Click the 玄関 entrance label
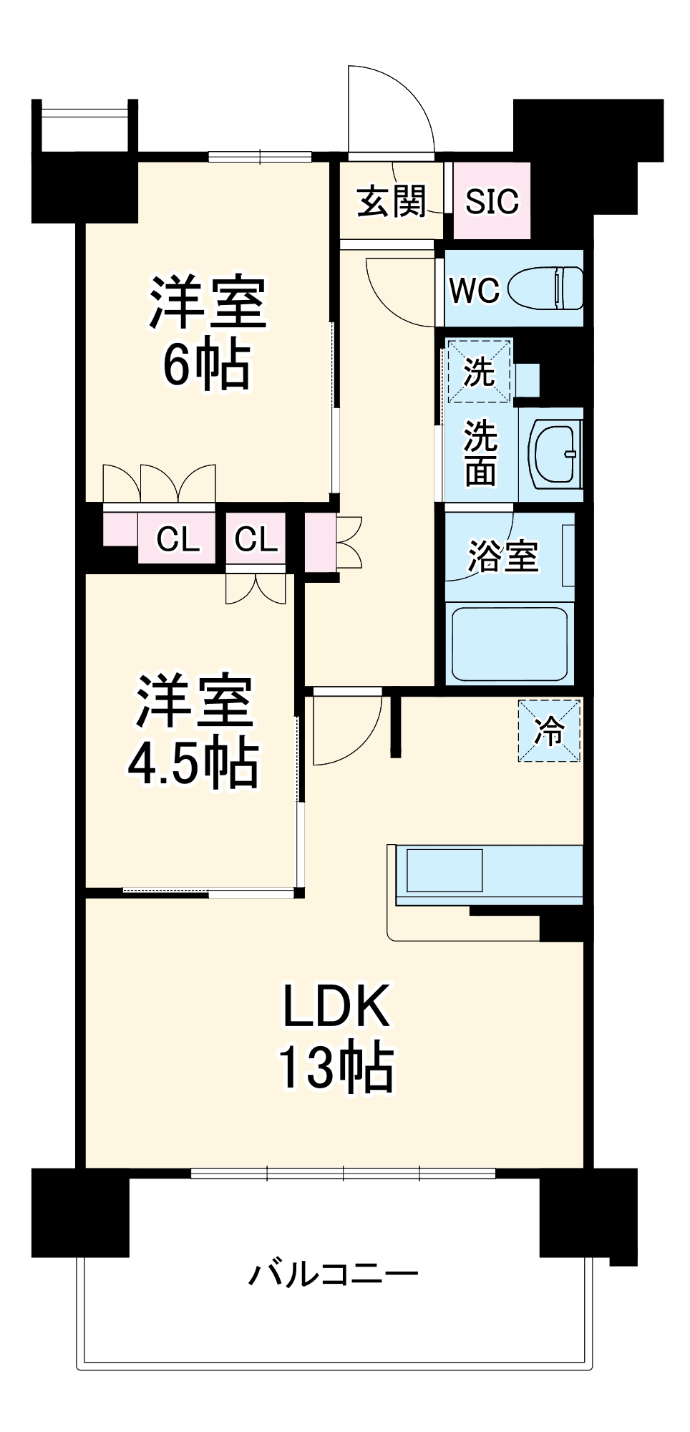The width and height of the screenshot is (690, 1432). click(x=392, y=201)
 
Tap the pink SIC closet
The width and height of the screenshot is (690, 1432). click(x=492, y=201)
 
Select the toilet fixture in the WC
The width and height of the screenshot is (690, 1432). click(x=548, y=289)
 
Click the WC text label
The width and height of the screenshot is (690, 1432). click(x=474, y=290)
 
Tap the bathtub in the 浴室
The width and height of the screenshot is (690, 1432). click(x=508, y=644)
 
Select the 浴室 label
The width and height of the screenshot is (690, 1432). click(x=502, y=556)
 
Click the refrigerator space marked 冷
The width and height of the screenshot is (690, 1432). click(x=550, y=731)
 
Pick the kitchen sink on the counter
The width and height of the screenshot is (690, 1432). click(x=444, y=869)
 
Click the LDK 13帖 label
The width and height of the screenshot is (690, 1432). click(x=336, y=1037)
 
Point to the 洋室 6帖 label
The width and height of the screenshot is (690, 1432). click(x=208, y=333)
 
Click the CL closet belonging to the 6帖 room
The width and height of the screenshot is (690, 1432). click(x=178, y=538)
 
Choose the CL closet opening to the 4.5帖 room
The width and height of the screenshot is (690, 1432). click(x=256, y=538)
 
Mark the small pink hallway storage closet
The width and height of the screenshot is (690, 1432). click(x=319, y=542)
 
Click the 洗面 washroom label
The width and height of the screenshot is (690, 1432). click(x=480, y=453)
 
